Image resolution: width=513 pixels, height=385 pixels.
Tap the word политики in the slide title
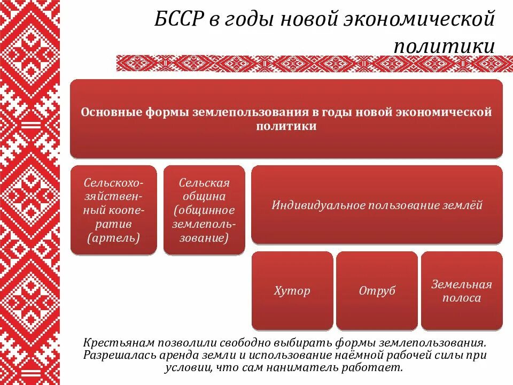coord(444,45)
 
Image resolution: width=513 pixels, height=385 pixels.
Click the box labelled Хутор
coord(292,291)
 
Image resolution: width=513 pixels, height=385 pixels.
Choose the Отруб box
coord(377,291)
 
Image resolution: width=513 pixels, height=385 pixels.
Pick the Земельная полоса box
coord(462,291)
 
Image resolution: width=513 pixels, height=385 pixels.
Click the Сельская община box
coord(204,210)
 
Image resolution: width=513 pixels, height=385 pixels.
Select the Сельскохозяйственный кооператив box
coord(114,210)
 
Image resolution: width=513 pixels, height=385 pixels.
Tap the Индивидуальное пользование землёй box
coord(377,205)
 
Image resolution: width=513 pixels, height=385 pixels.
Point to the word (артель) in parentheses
coord(113,237)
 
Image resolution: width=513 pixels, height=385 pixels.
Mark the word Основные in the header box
coord(107,113)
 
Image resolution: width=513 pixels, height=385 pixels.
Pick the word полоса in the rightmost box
coord(461,298)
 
